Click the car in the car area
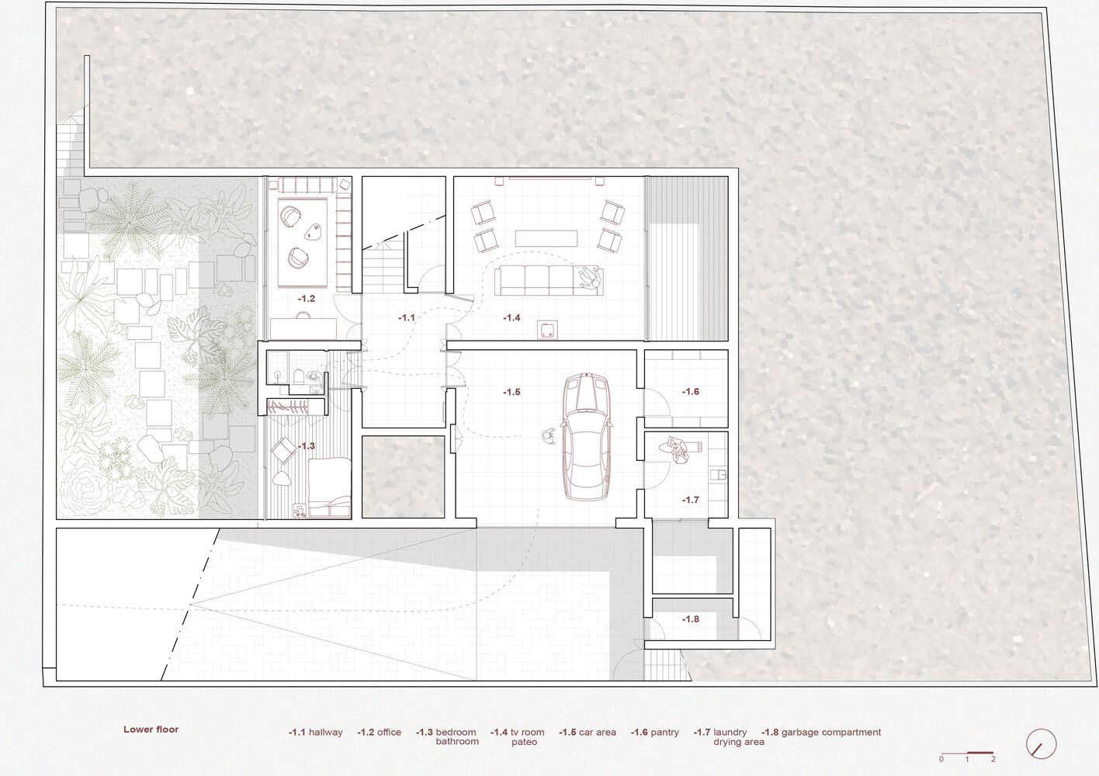click(586, 437)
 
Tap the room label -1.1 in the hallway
click(406, 318)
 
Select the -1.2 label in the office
click(307, 298)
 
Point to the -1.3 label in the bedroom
click(307, 446)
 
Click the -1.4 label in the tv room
click(511, 318)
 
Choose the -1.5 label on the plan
click(511, 392)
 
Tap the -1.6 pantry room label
click(690, 391)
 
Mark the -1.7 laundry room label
click(690, 500)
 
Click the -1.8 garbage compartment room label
click(690, 619)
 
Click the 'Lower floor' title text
click(151, 729)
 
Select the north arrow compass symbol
click(1041, 743)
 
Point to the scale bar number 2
click(993, 760)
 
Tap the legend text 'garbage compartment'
click(831, 733)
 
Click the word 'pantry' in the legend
click(665, 733)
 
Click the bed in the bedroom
click(329, 487)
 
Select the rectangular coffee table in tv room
click(546, 238)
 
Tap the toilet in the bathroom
click(298, 377)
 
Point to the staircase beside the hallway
click(383, 268)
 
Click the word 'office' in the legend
click(389, 733)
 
